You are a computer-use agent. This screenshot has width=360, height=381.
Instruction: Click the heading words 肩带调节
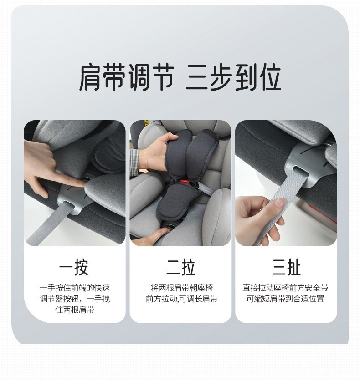click(x=127, y=77)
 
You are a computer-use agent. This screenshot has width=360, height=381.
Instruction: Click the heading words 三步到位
click(x=233, y=77)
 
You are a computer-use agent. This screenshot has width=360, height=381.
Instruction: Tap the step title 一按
click(x=74, y=267)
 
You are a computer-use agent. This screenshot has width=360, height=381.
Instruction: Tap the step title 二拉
click(x=180, y=267)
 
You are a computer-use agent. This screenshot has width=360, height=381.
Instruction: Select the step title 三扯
click(x=286, y=267)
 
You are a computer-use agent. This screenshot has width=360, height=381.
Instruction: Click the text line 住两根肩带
click(x=75, y=310)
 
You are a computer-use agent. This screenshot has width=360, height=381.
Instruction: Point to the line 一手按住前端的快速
click(x=75, y=288)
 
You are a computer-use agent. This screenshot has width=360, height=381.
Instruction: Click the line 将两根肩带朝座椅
click(x=181, y=288)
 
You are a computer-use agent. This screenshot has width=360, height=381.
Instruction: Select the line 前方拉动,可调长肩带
click(x=181, y=299)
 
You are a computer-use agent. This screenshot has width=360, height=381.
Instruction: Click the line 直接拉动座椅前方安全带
click(x=285, y=288)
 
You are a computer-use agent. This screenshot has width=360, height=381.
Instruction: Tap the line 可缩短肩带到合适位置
click(x=285, y=299)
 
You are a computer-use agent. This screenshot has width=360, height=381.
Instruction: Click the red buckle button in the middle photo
click(x=185, y=181)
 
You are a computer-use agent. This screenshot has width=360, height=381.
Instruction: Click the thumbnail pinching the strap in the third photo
click(x=279, y=203)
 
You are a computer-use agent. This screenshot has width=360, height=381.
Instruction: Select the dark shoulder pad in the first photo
click(x=110, y=156)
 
